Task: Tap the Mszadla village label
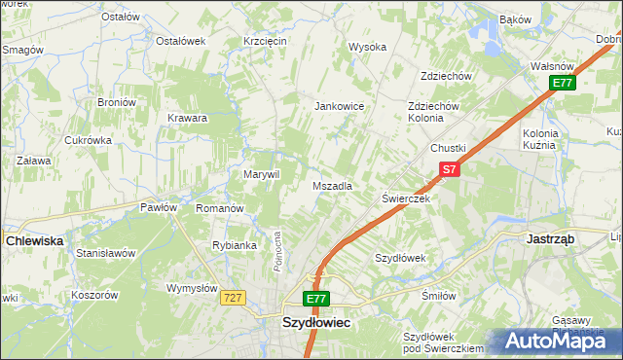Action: tap(332, 185)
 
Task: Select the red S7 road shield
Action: tap(447, 169)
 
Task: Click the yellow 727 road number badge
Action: tap(232, 298)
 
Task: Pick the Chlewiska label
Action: tap(34, 238)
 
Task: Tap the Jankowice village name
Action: tap(338, 106)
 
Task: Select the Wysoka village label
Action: tap(368, 47)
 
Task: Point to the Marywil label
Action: tap(261, 174)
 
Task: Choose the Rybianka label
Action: tap(234, 245)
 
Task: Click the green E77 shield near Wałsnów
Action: tap(562, 84)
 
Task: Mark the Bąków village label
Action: tap(514, 19)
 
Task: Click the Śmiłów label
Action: tap(439, 296)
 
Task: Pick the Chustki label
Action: tap(449, 148)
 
